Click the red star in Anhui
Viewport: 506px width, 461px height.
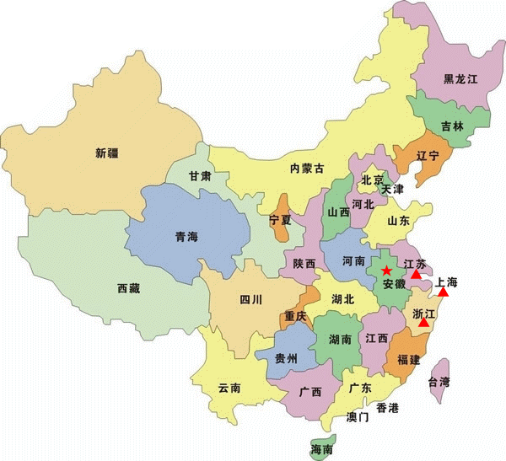pyautogui.click(x=386, y=271)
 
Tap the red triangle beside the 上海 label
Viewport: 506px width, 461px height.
pyautogui.click(x=443, y=292)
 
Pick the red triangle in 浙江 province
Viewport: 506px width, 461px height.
pyautogui.click(x=423, y=322)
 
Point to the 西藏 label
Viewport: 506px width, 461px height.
pyautogui.click(x=129, y=288)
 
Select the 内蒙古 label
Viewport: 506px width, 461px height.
pyautogui.click(x=307, y=169)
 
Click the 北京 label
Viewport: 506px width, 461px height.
pyautogui.click(x=372, y=180)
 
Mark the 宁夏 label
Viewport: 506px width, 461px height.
pyautogui.click(x=280, y=219)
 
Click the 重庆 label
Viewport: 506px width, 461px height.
pyautogui.click(x=296, y=316)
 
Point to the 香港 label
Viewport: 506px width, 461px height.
pyautogui.click(x=387, y=408)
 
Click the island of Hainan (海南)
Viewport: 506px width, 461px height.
pyautogui.click(x=321, y=446)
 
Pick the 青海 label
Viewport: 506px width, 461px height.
pyautogui.click(x=187, y=236)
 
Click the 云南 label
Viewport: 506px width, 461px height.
pyautogui.click(x=229, y=388)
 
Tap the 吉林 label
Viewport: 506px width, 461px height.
pyautogui.click(x=452, y=126)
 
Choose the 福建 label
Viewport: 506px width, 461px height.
pyautogui.click(x=408, y=360)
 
